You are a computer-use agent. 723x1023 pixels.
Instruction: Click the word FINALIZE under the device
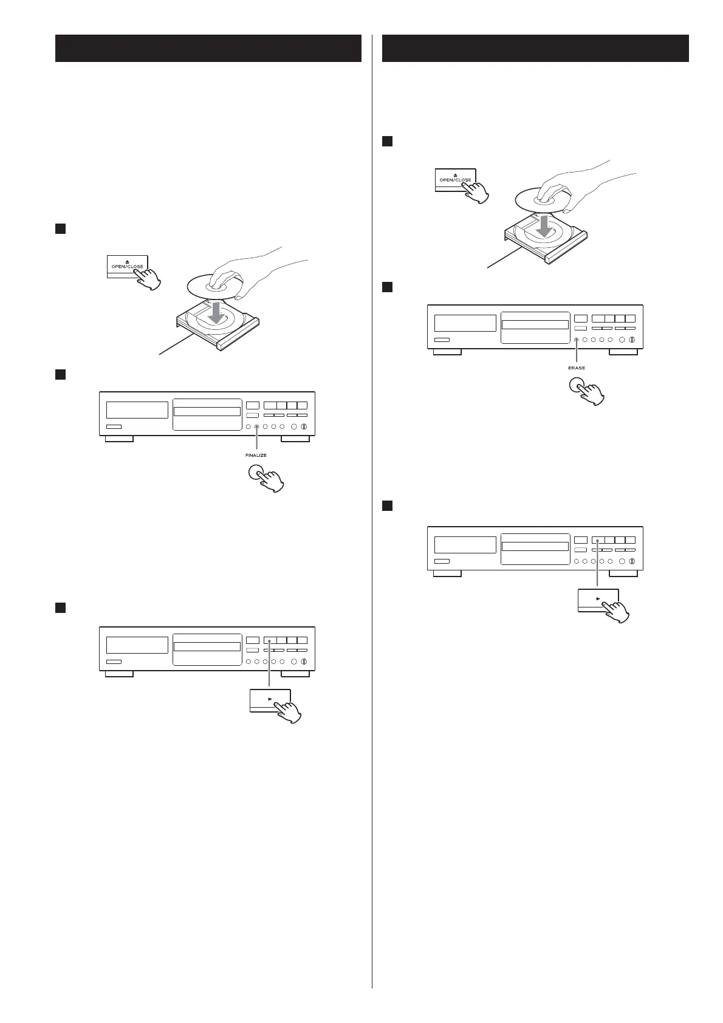point(256,455)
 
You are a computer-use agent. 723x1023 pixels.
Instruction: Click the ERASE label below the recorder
point(577,368)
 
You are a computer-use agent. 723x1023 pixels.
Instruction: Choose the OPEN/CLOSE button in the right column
point(455,179)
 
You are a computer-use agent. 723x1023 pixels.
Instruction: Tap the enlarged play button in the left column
point(270,700)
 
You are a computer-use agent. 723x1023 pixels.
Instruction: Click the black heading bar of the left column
point(208,48)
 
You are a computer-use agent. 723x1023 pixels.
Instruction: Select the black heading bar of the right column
point(535,48)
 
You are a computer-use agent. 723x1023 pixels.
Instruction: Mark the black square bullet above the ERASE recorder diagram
point(386,286)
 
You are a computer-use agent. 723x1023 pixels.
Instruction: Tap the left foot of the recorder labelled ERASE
point(447,352)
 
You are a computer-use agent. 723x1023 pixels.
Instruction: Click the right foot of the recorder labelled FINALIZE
point(296,439)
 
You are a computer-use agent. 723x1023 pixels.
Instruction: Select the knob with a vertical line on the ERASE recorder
point(631,340)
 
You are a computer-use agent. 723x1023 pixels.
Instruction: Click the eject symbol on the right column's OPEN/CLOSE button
point(455,173)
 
